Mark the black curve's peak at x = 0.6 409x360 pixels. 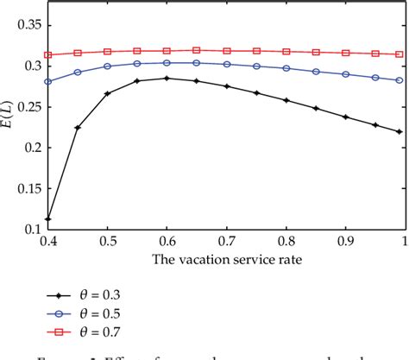[x=167, y=79]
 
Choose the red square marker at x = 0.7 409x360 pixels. [x=226, y=51]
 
